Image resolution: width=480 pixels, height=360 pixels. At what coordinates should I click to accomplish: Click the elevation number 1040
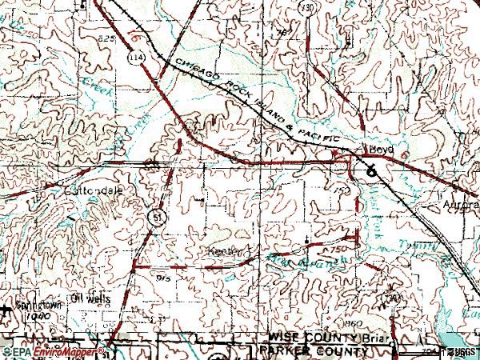[37, 317]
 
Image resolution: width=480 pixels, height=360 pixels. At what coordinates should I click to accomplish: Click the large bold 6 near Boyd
[370, 170]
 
